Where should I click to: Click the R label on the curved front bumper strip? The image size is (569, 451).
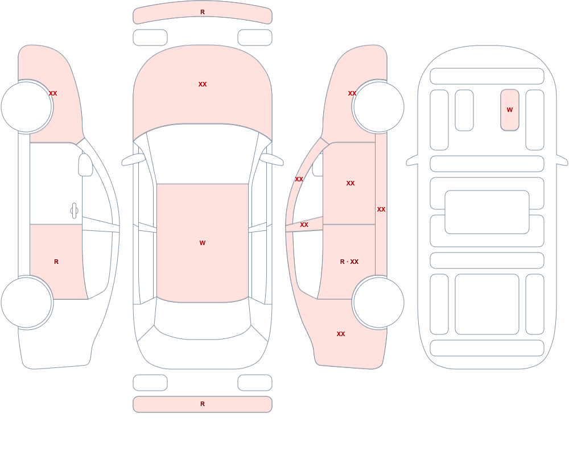coord(203,12)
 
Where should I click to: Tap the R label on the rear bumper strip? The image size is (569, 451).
coord(203,404)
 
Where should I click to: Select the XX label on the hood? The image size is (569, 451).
coord(203,84)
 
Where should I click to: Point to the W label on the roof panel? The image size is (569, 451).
coord(203,243)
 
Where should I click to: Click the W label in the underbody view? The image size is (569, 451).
coord(510,110)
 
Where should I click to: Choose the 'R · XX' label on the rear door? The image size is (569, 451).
coord(349,262)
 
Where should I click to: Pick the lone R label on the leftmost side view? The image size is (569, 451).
coord(56,262)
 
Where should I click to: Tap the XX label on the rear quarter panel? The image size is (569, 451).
coord(341,334)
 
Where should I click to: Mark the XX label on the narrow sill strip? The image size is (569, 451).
coord(381,209)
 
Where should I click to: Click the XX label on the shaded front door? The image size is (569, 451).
coord(351,183)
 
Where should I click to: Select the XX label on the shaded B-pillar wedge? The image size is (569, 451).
coord(304,225)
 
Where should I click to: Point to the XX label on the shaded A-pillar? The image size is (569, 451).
coord(299,179)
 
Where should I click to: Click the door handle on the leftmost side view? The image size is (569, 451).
coord(74,211)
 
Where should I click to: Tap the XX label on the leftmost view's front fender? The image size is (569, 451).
coord(53,93)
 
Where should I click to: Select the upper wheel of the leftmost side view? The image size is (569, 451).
coord(27,107)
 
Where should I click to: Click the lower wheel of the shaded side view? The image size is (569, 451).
coord(379,303)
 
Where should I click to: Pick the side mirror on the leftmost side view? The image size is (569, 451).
coord(85,165)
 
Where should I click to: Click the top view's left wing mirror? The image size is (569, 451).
coord(133,160)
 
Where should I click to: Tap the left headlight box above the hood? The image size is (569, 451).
coord(150,38)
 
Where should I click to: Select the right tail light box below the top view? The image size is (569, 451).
coord(255,383)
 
